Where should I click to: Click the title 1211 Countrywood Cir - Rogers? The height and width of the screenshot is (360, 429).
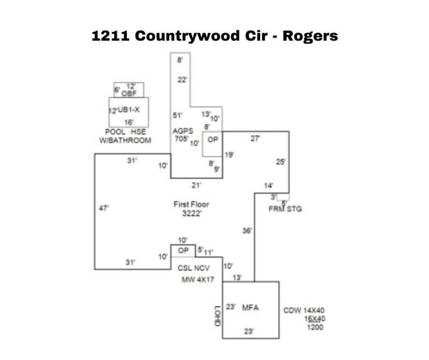(214, 36)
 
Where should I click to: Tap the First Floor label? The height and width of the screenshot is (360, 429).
(191, 204)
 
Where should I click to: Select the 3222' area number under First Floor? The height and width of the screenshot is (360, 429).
(191, 213)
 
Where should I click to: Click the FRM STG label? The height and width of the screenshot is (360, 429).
(285, 209)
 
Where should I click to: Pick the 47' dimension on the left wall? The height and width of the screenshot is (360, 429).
(104, 208)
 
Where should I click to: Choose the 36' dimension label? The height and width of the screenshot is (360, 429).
(247, 230)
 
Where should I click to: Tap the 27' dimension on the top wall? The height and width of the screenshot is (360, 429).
(256, 139)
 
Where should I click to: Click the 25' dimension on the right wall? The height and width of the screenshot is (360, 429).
(281, 162)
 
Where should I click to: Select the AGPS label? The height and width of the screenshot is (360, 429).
(183, 130)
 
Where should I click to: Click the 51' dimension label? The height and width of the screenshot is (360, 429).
(178, 115)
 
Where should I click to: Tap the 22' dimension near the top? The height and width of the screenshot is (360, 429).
(182, 80)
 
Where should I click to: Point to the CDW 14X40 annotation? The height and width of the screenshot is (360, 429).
(304, 310)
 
